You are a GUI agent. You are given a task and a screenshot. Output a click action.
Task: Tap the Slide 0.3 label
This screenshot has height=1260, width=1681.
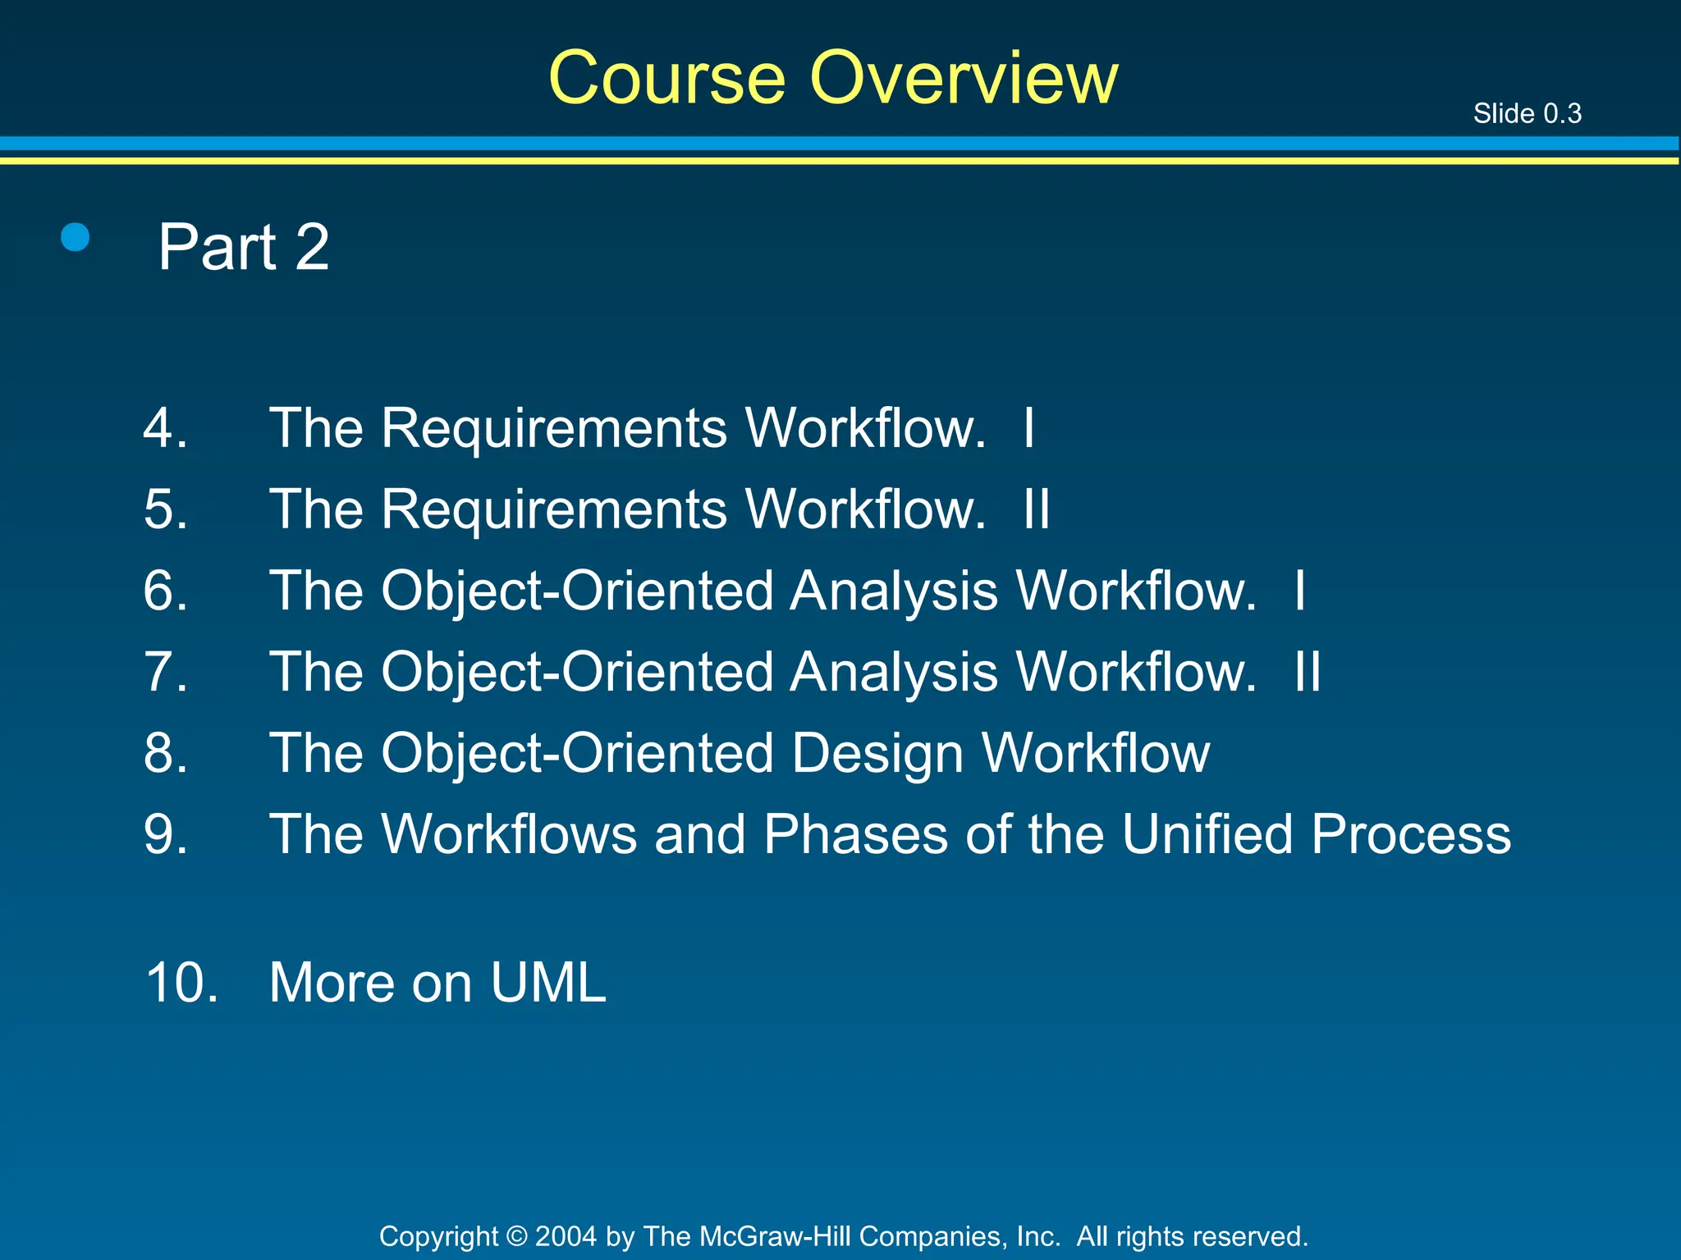coord(1527,113)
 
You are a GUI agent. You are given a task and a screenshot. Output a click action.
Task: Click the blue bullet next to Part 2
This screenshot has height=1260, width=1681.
coord(76,238)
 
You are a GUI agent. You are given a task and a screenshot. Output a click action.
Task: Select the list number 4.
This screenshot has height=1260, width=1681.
coord(165,427)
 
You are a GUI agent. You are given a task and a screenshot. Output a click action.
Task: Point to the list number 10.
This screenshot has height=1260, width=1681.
coord(181,982)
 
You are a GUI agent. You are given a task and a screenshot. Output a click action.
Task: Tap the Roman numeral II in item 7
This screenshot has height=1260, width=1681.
coord(1307,672)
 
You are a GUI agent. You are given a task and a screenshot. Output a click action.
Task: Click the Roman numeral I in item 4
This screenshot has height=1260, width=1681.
coord(1028,427)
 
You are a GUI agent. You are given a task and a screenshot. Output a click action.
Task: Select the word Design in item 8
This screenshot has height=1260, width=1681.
coord(877,753)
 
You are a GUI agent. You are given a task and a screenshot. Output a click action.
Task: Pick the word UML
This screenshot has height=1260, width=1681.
coord(548,982)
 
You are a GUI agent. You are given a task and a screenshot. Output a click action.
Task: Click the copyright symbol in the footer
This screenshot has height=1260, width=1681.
coord(517,1236)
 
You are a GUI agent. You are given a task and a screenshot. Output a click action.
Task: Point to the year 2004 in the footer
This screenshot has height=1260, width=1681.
coord(566,1236)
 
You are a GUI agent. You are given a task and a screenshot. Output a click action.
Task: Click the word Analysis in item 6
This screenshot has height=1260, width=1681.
coord(894,591)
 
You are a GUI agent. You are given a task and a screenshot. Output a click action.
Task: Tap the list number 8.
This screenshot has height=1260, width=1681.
coord(165,753)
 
